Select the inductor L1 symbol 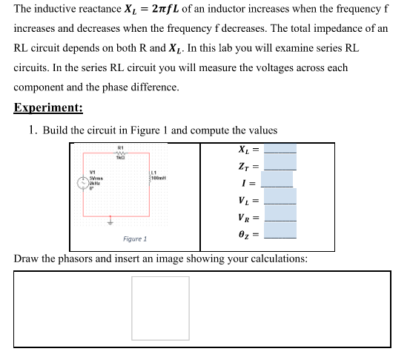pos(148,176)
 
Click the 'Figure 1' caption pos(134,239)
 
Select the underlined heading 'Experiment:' pos(48,107)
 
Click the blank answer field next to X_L pos(280,148)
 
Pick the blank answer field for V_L pos(280,199)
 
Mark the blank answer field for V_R pos(280,215)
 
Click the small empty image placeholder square pos(160,307)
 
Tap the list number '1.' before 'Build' pos(34,130)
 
